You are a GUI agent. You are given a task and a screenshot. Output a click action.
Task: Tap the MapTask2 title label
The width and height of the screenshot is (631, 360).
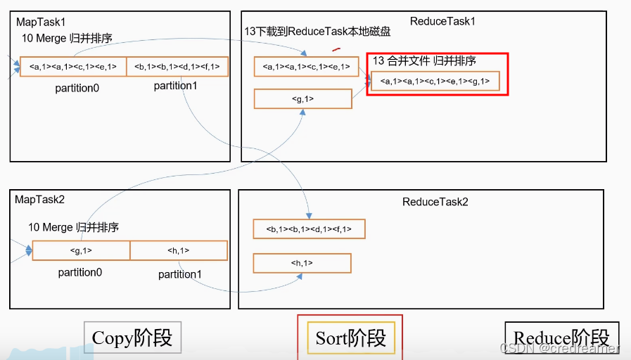[x=39, y=200]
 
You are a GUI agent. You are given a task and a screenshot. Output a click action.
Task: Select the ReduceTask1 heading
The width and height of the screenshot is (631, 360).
[x=442, y=21]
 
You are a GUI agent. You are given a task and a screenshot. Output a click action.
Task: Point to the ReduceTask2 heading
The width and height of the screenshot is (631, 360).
[x=435, y=202]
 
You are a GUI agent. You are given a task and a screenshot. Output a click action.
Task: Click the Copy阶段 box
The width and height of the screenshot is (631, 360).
[x=132, y=337]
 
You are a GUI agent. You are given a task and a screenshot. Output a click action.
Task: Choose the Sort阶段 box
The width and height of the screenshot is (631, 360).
[x=350, y=337]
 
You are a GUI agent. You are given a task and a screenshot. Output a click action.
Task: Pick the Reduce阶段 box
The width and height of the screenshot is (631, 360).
[x=561, y=338]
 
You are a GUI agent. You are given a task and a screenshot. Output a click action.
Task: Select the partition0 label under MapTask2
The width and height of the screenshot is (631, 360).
[x=81, y=272]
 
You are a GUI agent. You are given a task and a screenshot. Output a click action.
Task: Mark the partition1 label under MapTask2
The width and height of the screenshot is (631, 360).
[x=180, y=274]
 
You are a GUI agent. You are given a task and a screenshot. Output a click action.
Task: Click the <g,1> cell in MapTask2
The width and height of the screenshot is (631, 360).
[x=81, y=250]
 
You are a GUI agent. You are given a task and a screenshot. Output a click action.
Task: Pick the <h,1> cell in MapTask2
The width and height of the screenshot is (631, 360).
[x=179, y=250]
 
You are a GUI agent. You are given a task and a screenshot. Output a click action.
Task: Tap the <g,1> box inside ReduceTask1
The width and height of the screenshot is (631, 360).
[x=302, y=99]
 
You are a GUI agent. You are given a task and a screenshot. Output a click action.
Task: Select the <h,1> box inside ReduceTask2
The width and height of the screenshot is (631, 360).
[x=302, y=263]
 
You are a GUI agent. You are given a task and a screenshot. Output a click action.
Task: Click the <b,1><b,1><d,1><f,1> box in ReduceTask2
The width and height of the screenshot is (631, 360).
[x=309, y=229]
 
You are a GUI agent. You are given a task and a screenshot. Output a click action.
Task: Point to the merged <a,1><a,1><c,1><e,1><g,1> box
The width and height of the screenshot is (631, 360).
[x=435, y=82]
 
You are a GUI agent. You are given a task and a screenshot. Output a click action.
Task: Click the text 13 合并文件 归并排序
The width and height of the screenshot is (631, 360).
[x=424, y=61]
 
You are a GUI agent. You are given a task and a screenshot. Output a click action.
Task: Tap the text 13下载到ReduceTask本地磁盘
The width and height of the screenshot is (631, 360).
[x=317, y=32]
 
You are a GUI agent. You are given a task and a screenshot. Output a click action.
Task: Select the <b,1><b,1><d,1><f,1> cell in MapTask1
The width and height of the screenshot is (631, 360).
[x=177, y=67]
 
